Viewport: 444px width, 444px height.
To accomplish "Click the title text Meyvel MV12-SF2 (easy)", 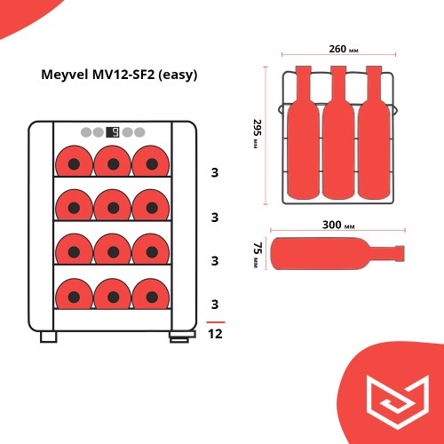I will [x=119, y=75].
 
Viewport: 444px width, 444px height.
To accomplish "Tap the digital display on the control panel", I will [x=113, y=132].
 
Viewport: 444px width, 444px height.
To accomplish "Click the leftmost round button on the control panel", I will [x=86, y=132].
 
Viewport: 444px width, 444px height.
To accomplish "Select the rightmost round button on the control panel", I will [x=139, y=132].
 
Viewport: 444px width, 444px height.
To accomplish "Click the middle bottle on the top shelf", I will [x=113, y=163].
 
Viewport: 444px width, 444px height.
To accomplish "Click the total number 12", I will [x=215, y=334].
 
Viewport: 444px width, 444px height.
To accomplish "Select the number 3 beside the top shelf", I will [x=215, y=172].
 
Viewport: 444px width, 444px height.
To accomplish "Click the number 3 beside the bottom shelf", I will [x=215, y=305].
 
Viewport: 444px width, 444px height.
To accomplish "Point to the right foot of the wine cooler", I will [x=180, y=337].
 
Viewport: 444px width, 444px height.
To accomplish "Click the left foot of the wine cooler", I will [x=46, y=337].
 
